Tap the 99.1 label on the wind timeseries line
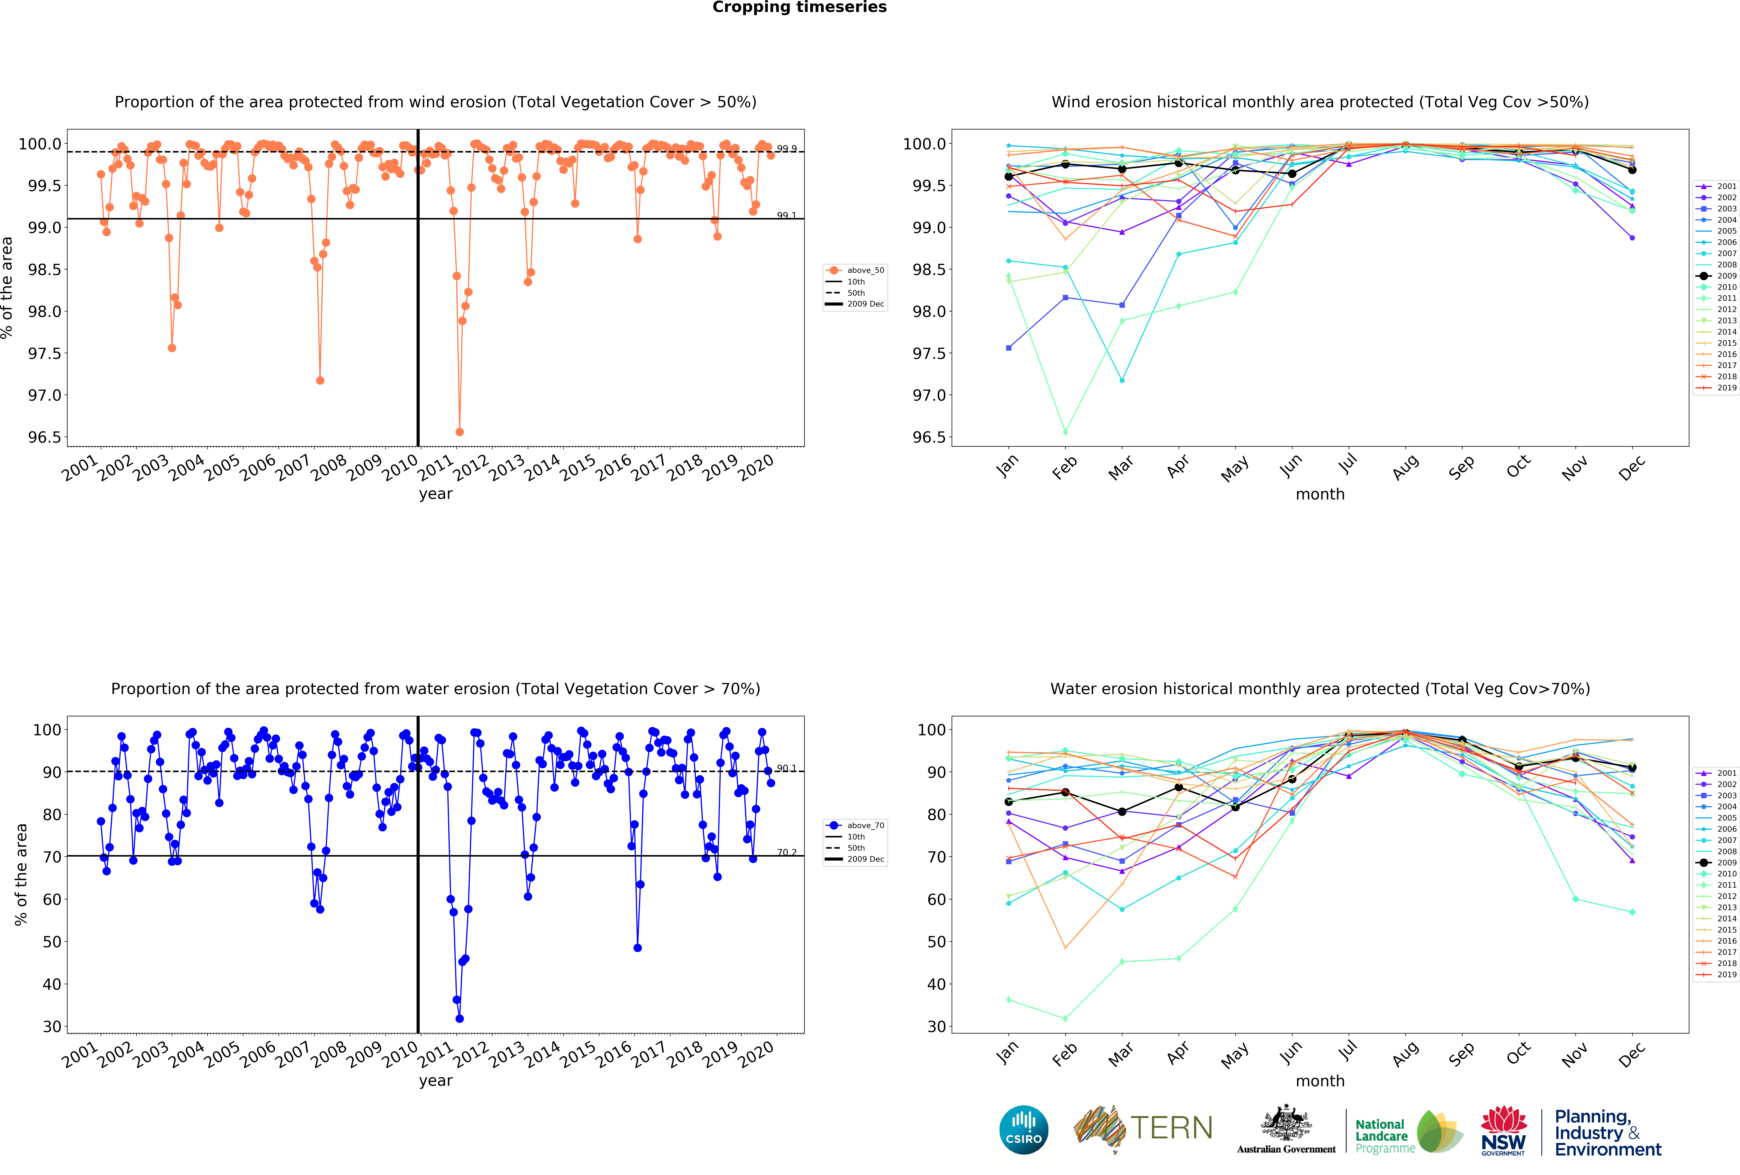click(786, 216)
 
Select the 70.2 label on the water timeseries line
click(786, 853)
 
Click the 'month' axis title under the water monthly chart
click(1320, 1081)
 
